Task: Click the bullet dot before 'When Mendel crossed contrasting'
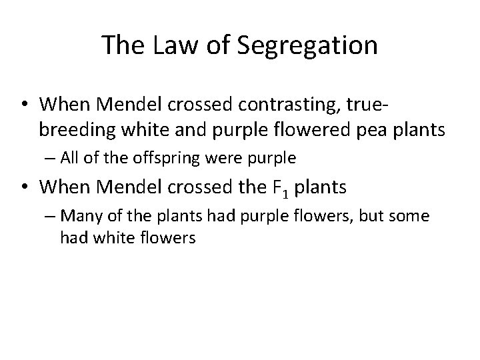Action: click(x=25, y=104)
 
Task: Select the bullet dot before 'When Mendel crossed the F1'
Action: click(x=25, y=188)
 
